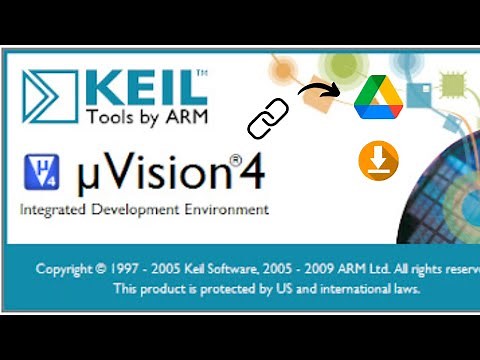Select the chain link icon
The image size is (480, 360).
pyautogui.click(x=268, y=118)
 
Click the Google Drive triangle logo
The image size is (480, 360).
pyautogui.click(x=378, y=99)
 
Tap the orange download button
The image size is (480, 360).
pyautogui.click(x=378, y=161)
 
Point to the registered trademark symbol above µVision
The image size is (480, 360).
pyautogui.click(x=237, y=158)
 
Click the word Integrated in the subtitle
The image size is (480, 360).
pyautogui.click(x=52, y=210)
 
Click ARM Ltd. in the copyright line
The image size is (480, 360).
pyautogui.click(x=362, y=269)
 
